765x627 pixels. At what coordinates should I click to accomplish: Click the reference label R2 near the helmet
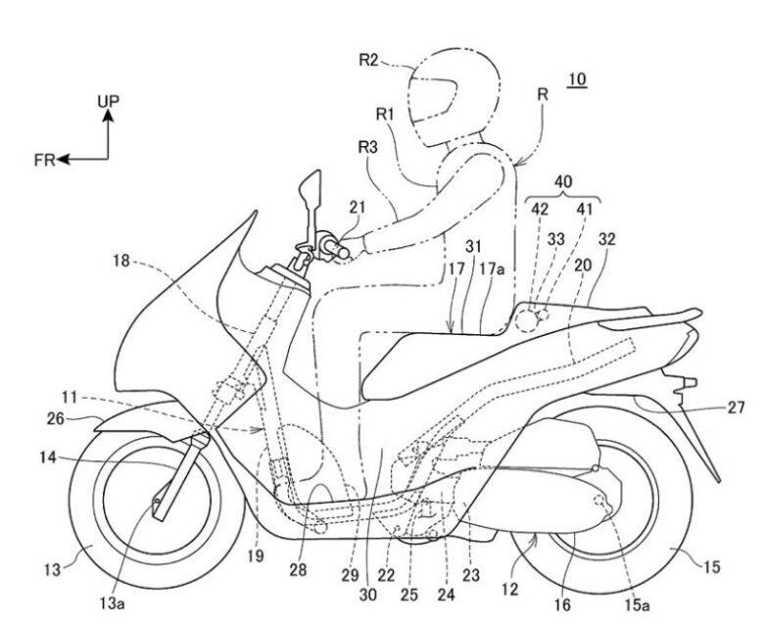coord(367,59)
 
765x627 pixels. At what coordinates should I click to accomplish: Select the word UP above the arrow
coord(110,102)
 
